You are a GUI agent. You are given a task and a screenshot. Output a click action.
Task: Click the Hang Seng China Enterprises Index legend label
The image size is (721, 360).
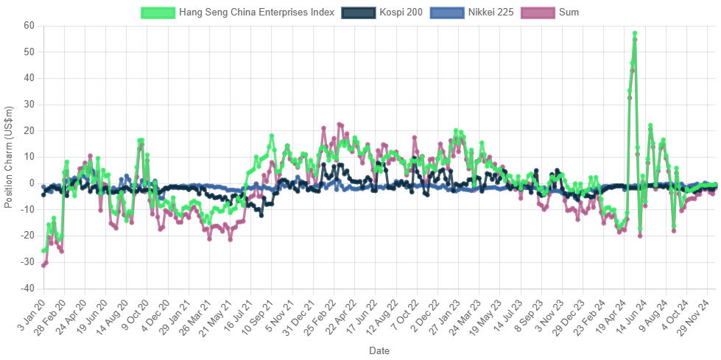pos(258,13)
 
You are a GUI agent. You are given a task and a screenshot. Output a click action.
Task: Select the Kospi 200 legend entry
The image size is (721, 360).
pos(402,13)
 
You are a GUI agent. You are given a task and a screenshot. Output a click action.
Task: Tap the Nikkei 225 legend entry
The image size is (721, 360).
pos(490,13)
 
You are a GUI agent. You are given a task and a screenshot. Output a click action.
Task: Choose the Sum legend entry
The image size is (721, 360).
pos(569,13)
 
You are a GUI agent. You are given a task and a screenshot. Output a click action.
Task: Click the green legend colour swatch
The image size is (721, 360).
pos(158,13)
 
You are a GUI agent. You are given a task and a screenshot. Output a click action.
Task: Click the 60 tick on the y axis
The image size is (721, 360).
pos(29,25)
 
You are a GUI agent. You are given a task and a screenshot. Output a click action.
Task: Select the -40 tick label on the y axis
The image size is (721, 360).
pos(28,288)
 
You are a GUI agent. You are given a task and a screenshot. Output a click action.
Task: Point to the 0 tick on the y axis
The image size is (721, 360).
pos(32,183)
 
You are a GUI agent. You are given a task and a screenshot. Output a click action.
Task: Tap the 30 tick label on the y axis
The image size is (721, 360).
pos(29,104)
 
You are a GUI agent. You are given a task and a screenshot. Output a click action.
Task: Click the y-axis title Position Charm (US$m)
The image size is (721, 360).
pos(9,156)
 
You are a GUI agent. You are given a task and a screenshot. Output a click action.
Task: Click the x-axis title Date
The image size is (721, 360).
pos(379,350)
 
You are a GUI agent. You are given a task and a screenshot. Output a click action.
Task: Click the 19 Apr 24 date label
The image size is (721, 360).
pos(614,317)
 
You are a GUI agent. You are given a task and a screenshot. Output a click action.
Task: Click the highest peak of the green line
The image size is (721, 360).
pos(635,33)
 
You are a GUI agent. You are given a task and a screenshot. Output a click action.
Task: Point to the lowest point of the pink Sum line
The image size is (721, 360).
pos(43,265)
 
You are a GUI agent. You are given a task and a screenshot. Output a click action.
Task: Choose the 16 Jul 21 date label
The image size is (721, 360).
pos(238,316)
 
